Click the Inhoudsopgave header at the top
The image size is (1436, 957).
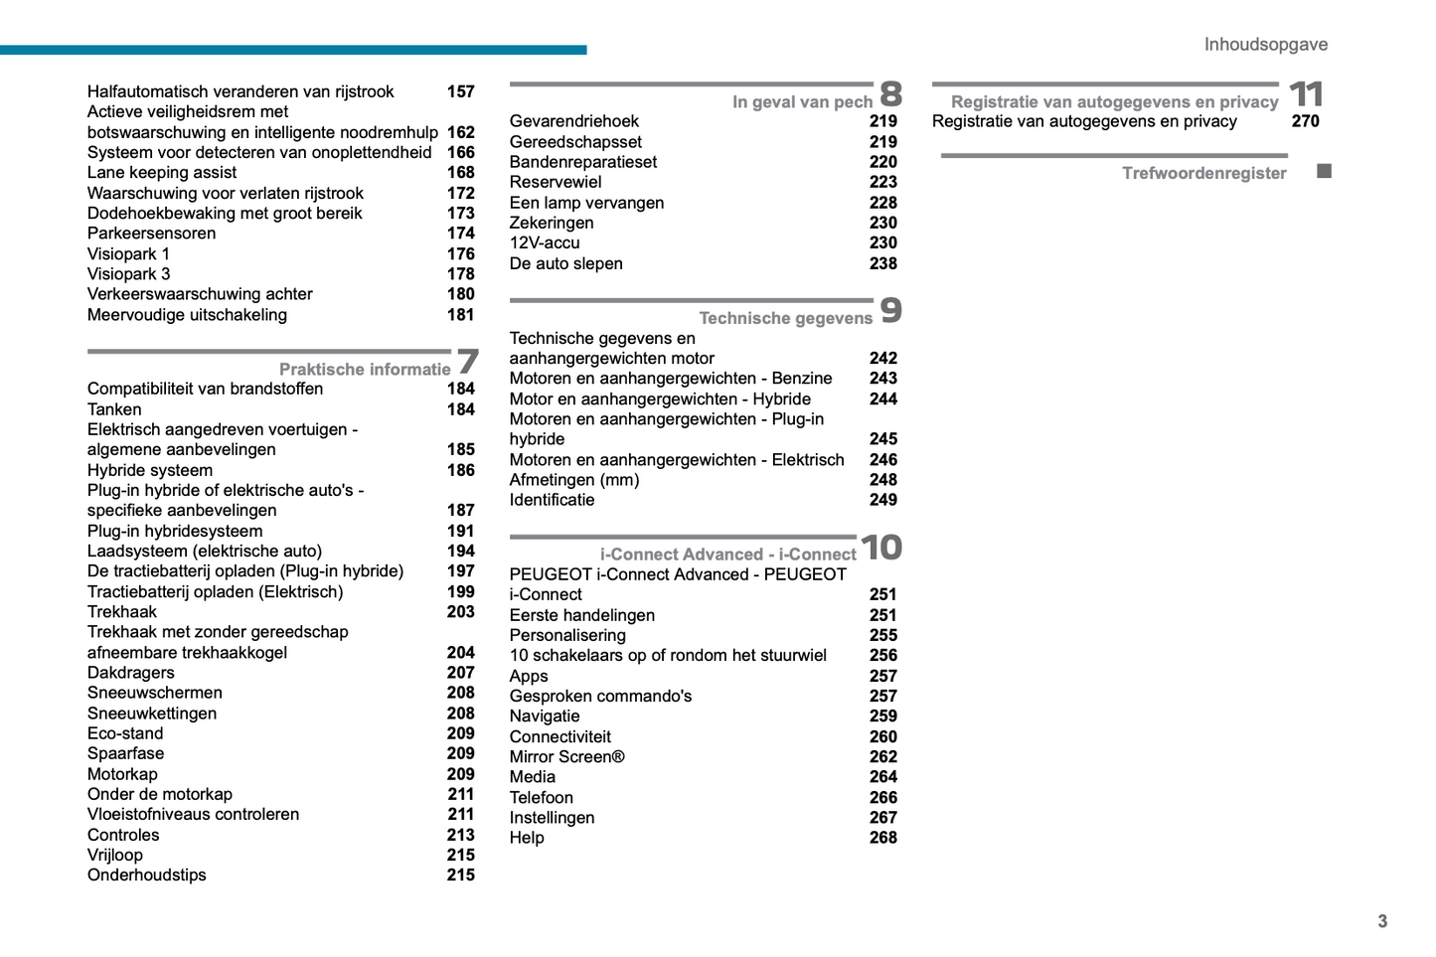pos(1265,45)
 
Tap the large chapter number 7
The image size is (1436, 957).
pos(467,362)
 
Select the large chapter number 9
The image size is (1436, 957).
pos(891,311)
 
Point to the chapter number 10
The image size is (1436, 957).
pos(881,548)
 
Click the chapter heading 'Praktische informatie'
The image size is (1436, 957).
pos(365,370)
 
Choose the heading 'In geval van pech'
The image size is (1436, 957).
pos(802,102)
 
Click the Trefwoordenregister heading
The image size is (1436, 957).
pos(1203,174)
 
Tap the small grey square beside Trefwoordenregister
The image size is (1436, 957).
pos(1324,172)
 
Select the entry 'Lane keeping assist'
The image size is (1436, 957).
pos(162,173)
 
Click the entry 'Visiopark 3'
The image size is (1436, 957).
pos(128,274)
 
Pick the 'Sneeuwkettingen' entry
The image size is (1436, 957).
pos(152,714)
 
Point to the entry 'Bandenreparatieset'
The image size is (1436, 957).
pos(583,162)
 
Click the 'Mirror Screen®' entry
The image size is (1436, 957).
pos(566,757)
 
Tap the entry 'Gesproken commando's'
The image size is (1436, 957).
pos(600,697)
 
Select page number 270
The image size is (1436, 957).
pos(1305,121)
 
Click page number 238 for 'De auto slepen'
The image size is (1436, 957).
pos(882,264)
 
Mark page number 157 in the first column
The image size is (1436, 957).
pos(460,92)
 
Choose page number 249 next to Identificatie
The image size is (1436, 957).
pos(882,500)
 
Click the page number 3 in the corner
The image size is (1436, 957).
pos(1382,921)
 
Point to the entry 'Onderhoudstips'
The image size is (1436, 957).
pos(147,876)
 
